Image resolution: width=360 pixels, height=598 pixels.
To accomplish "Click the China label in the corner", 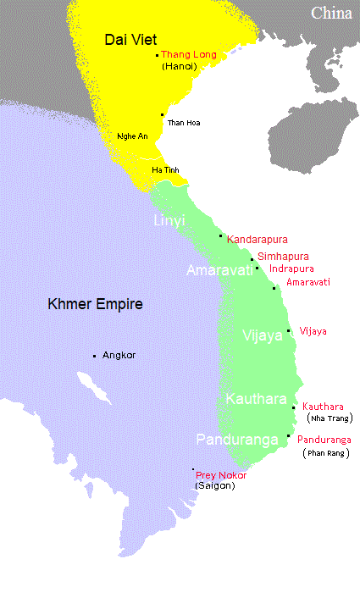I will pyautogui.click(x=331, y=13).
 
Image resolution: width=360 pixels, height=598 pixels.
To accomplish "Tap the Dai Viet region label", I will pyautogui.click(x=128, y=39).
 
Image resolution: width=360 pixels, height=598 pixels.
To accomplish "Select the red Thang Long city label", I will pyautogui.click(x=189, y=54).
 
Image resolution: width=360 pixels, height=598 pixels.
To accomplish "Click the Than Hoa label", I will pyautogui.click(x=185, y=123).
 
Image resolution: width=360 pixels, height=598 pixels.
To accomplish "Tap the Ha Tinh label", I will pyautogui.click(x=165, y=170).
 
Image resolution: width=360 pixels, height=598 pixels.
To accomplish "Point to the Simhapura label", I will pyautogui.click(x=283, y=256).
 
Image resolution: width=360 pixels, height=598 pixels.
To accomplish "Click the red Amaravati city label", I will pyautogui.click(x=308, y=281).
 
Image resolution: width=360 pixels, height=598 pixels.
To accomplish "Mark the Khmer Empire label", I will pyautogui.click(x=95, y=304).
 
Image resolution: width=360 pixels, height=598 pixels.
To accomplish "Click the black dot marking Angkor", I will pyautogui.click(x=94, y=356).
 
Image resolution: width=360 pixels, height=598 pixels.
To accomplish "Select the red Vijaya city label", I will pyautogui.click(x=313, y=331).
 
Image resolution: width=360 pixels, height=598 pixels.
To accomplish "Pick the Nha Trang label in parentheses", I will pyautogui.click(x=330, y=418).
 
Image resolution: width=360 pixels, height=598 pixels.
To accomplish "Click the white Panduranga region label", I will pyautogui.click(x=235, y=440).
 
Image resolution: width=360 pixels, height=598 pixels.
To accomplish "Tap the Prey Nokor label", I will pyautogui.click(x=221, y=475).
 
